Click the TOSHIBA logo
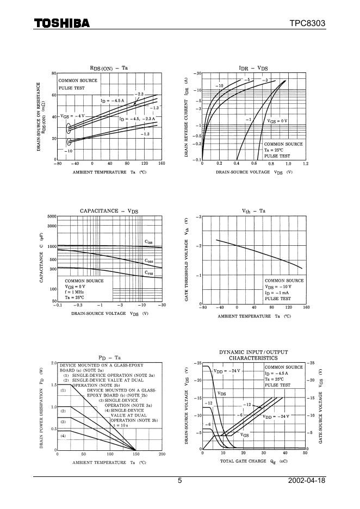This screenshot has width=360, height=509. [x=63, y=23]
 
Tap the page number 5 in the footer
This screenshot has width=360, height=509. [x=180, y=482]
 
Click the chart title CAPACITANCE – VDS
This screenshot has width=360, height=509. [x=109, y=211]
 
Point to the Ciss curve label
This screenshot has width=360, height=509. [x=148, y=241]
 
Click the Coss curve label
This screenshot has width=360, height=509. [x=148, y=262]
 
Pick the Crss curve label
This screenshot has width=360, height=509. [x=148, y=272]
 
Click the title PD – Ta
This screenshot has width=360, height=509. [x=109, y=357]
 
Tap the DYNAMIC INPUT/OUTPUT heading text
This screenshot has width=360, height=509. [x=253, y=352]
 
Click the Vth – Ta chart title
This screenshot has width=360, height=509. [x=253, y=211]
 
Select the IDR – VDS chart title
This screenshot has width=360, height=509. [x=253, y=69]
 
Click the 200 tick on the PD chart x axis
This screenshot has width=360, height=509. [x=162, y=454]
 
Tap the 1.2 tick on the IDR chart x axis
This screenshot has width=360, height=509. [x=305, y=163]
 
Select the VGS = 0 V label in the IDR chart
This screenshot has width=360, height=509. [x=277, y=121]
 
